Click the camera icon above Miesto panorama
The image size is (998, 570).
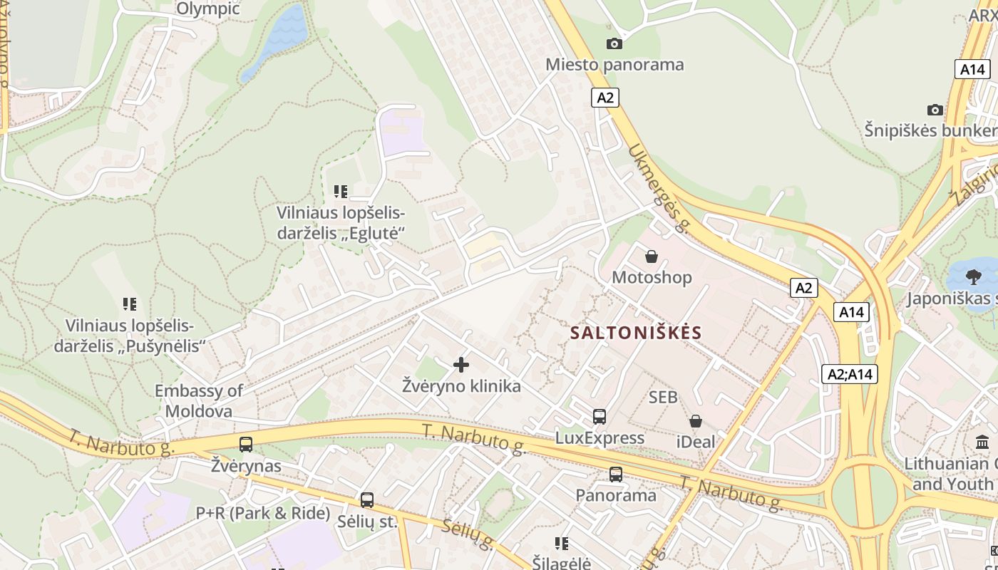click(x=614, y=44)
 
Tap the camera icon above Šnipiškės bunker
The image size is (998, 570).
click(x=935, y=110)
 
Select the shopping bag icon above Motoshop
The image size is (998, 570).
click(x=652, y=256)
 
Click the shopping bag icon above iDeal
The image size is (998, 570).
click(x=695, y=421)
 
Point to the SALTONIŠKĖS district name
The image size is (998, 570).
click(x=636, y=333)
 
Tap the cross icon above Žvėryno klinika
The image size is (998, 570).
click(x=461, y=365)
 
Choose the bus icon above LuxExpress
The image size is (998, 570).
click(x=600, y=417)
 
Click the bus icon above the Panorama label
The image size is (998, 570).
click(x=615, y=474)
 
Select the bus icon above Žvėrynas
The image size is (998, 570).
click(x=246, y=445)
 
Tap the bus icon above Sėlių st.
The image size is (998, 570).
click(x=367, y=500)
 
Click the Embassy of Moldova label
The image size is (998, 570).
click(x=199, y=400)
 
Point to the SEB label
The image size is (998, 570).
click(x=663, y=398)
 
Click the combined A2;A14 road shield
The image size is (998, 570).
click(x=850, y=374)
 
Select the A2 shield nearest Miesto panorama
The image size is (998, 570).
click(x=605, y=98)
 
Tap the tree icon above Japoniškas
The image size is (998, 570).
click(x=973, y=277)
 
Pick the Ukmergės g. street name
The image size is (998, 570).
click(x=660, y=188)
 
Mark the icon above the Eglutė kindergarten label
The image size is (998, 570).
click(x=341, y=191)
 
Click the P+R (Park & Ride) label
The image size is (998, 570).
click(x=263, y=513)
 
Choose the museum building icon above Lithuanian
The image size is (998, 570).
click(x=982, y=442)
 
